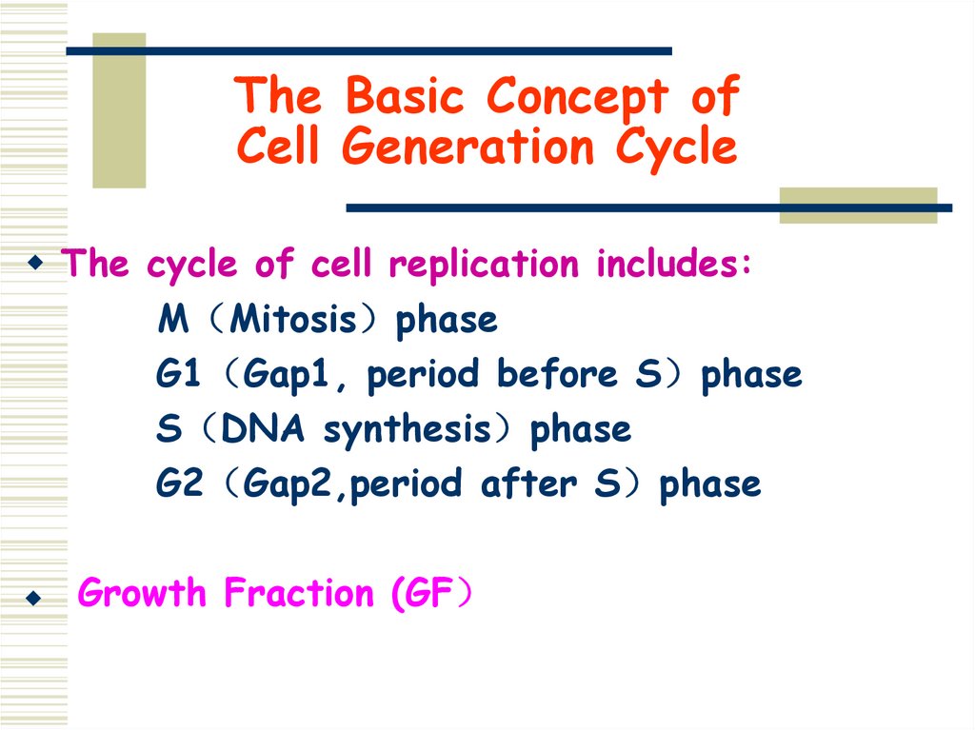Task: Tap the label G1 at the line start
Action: tap(178, 374)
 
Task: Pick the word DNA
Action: tap(263, 429)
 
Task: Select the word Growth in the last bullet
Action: tap(142, 593)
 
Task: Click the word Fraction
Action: tap(300, 593)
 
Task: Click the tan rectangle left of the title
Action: tap(119, 109)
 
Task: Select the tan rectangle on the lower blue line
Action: tap(858, 206)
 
